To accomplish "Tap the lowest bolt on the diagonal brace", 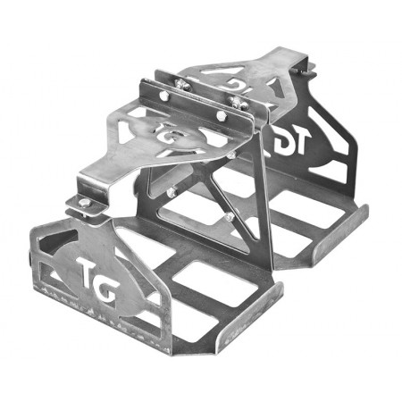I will click(x=230, y=217).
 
